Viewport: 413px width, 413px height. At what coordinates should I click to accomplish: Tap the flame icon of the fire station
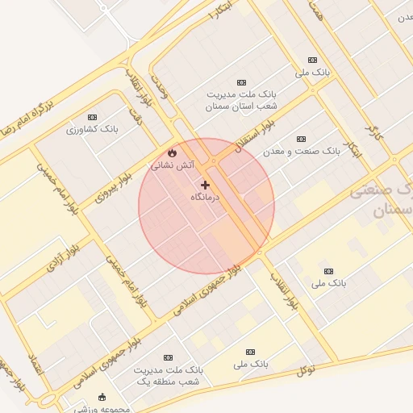172,152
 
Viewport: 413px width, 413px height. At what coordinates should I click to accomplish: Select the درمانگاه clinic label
206,197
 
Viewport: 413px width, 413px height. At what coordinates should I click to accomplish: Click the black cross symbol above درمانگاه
206,185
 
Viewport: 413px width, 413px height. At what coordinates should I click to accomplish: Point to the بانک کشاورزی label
93,129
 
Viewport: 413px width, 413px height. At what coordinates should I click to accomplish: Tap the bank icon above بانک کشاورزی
93,117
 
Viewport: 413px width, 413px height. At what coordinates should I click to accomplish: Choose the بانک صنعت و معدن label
302,151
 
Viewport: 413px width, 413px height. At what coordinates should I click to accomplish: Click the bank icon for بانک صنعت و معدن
302,139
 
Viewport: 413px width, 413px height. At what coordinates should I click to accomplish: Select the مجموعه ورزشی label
102,409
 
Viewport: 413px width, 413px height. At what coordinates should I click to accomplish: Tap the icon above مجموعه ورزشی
102,397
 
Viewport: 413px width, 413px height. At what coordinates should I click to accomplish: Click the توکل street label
307,369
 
